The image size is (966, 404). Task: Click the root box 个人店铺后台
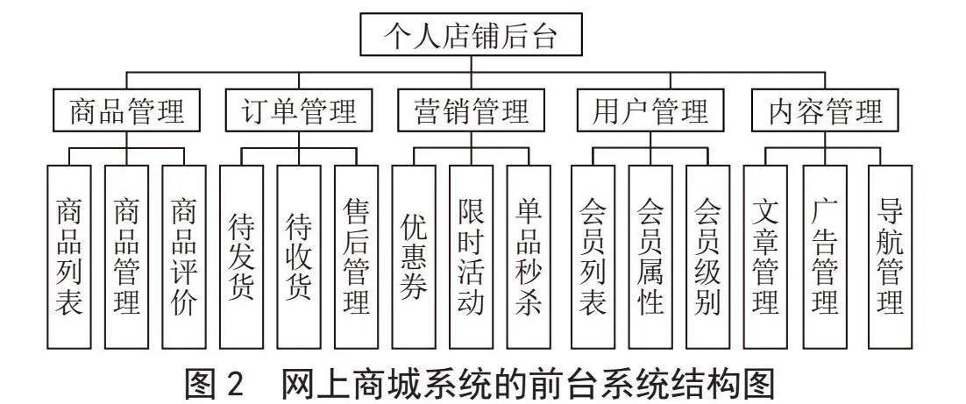(472, 36)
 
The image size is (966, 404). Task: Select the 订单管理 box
(300, 111)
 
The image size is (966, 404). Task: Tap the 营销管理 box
(472, 111)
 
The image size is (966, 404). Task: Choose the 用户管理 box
(651, 111)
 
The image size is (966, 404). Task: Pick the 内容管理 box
(825, 111)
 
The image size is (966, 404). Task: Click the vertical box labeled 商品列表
(69, 257)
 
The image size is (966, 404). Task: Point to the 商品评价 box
(183, 257)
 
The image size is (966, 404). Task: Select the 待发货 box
(242, 257)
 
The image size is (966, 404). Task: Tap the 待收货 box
(299, 257)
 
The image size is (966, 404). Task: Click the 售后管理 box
(357, 257)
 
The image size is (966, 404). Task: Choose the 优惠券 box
(414, 257)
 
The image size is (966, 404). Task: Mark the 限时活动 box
(472, 257)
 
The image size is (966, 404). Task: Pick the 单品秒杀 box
(529, 257)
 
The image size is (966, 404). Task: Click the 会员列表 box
(593, 257)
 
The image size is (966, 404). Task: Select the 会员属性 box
(650, 257)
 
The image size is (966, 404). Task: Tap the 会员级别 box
(708, 257)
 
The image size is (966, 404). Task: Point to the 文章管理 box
(766, 257)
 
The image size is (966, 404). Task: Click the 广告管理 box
(825, 257)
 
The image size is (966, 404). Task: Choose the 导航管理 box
(891, 257)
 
